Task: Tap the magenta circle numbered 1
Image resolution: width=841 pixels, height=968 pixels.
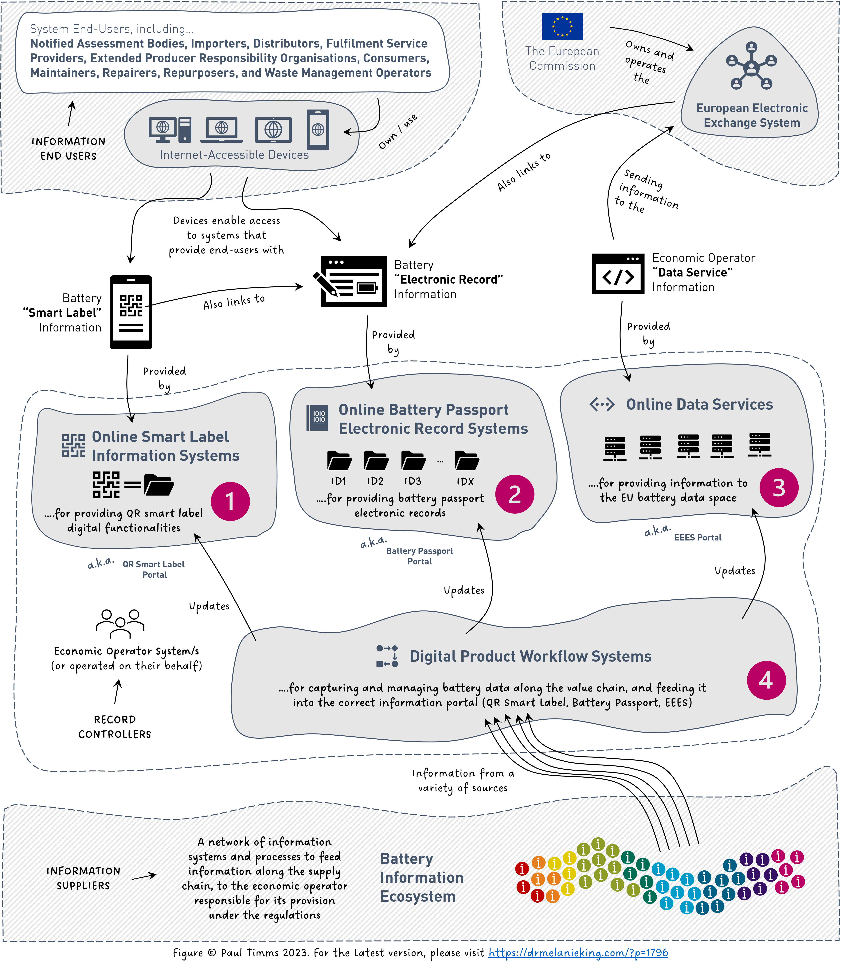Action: click(230, 501)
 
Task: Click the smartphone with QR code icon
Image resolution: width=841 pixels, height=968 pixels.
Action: click(131, 312)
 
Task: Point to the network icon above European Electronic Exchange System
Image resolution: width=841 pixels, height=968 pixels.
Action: click(751, 67)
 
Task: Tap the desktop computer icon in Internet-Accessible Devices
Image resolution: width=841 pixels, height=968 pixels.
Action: click(170, 130)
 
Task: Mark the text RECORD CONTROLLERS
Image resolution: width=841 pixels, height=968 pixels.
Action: click(115, 727)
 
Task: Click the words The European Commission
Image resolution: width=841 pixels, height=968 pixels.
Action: click(562, 59)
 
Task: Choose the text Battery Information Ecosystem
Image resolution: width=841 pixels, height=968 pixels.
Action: click(421, 877)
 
